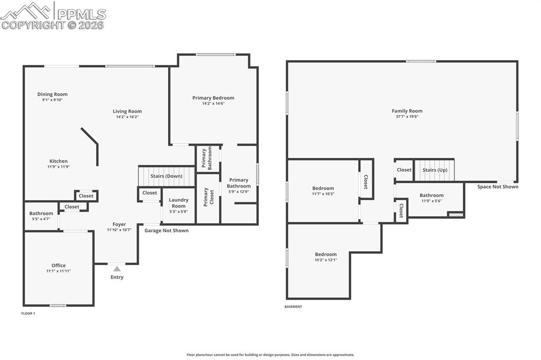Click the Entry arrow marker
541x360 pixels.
[117, 269]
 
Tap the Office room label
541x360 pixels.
[59, 266]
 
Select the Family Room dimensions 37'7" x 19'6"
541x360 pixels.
[407, 117]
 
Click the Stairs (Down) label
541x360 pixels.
[166, 176]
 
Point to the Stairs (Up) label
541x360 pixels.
[435, 170]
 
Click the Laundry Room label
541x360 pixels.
[179, 203]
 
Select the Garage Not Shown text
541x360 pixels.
[166, 231]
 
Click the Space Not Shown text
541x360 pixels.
[498, 187]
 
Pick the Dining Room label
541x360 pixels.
[52, 94]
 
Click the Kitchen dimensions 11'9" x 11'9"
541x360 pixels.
[59, 167]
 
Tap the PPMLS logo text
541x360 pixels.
[81, 14]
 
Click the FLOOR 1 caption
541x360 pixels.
[28, 314]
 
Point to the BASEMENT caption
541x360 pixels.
[293, 307]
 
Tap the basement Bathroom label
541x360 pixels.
[432, 195]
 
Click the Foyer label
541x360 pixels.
[119, 224]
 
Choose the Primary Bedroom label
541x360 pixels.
[213, 98]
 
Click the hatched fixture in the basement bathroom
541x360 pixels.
[455, 214]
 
